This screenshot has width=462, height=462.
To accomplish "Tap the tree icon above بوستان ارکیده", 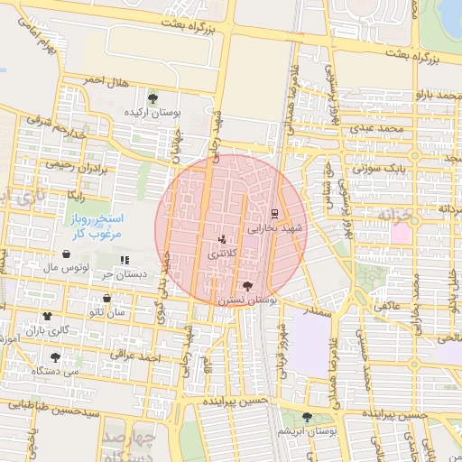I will point(152,97).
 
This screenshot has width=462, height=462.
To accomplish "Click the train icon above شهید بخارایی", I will point(273,214).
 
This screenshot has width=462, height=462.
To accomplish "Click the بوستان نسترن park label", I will point(251,299).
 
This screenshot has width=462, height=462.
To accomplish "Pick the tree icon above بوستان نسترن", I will point(248,285).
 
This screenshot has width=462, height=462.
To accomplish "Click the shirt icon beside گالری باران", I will point(47,316).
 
